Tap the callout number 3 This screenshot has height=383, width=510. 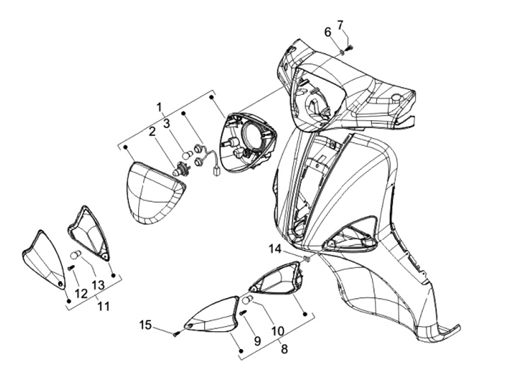click(x=167, y=123)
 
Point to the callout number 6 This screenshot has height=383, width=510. click(x=328, y=32)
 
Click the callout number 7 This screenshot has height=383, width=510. click(x=341, y=24)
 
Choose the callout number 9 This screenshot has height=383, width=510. click(x=257, y=341)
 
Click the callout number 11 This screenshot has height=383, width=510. click(x=103, y=307)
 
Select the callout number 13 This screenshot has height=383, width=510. click(x=98, y=285)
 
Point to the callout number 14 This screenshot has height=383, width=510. click(x=275, y=248)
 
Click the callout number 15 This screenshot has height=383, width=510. click(x=145, y=325)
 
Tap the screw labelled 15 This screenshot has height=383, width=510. click(x=175, y=332)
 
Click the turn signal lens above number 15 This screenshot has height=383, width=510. click(x=212, y=314)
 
